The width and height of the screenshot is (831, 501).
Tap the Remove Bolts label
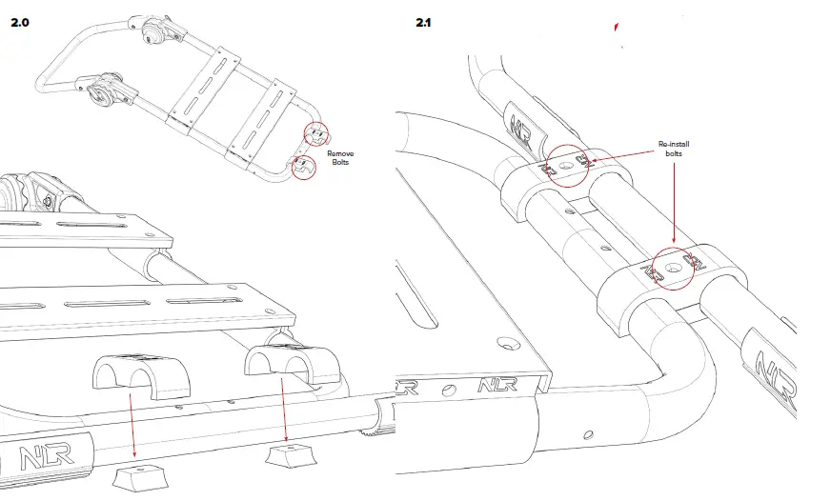(340, 158)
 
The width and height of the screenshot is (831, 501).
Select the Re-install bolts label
(673, 148)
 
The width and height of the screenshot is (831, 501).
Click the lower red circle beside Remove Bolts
(302, 168)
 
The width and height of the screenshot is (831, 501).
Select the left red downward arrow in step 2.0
(132, 424)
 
